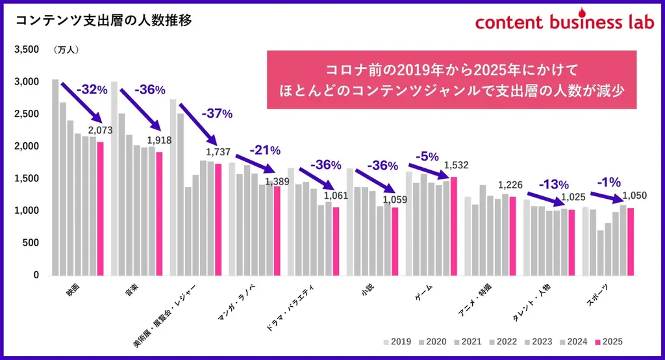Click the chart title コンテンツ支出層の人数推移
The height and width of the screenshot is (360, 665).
tap(103, 21)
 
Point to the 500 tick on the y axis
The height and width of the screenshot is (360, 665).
tap(31, 243)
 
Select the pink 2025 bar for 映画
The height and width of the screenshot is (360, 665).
tap(100, 209)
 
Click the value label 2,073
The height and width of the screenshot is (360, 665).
tap(101, 131)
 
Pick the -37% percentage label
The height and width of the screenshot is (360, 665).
tap(216, 114)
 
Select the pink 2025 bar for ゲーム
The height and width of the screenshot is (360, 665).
tap(453, 226)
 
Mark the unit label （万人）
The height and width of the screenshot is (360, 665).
tap(66, 50)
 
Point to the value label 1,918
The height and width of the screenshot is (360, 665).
tap(159, 140)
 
